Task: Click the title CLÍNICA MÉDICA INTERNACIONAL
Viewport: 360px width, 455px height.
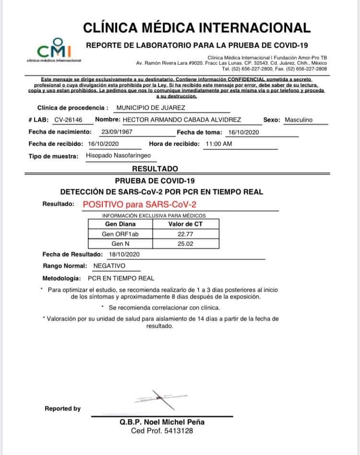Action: coord(196,27)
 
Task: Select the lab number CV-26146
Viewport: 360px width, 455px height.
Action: coord(68,120)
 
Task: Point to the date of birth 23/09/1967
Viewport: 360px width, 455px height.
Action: coord(117,132)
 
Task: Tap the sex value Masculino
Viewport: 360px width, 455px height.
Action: coord(298,120)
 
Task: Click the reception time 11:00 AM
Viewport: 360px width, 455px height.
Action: coord(218,144)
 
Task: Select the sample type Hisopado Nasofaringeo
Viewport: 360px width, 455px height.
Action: coord(118,156)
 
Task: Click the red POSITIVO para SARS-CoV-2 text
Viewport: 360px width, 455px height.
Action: coord(140,204)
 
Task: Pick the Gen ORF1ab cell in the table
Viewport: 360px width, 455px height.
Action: coord(120,234)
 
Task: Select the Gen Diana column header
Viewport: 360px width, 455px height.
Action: coord(120,224)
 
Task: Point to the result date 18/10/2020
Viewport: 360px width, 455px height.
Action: coord(124,254)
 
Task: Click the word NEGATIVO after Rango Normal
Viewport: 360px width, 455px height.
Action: coord(109,266)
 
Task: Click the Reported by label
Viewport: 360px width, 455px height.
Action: coord(62,408)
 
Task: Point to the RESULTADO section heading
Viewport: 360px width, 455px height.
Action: coord(155,169)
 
